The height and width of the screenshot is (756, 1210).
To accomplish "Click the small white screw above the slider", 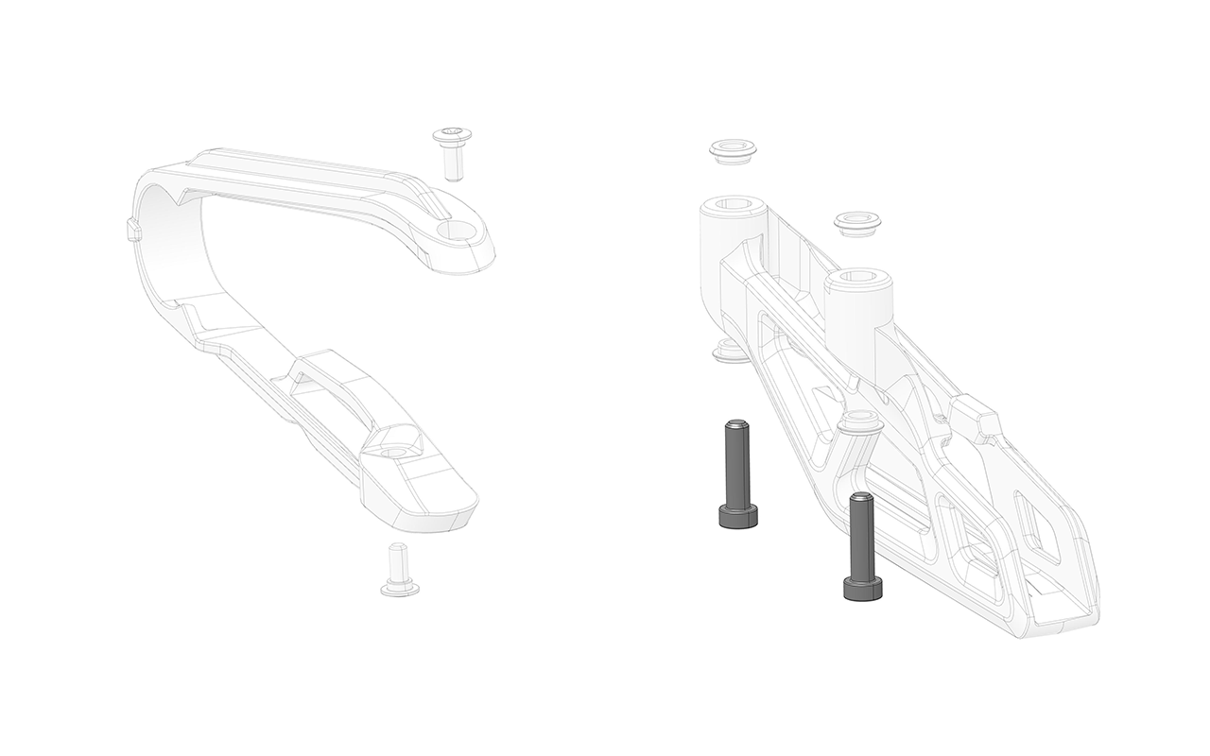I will (452, 152).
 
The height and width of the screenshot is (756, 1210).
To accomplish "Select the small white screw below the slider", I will (400, 571).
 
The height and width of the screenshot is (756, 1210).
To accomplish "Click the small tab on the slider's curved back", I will (132, 230).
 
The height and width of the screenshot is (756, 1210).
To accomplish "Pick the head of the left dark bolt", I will (738, 516).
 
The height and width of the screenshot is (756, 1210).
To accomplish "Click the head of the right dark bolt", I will (863, 589).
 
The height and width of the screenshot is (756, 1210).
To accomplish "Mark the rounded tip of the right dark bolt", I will (860, 499).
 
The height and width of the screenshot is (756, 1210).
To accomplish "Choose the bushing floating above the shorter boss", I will (857, 224).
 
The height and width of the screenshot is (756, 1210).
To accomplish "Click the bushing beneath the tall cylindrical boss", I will (730, 353).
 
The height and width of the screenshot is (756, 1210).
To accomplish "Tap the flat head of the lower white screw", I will (400, 589).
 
